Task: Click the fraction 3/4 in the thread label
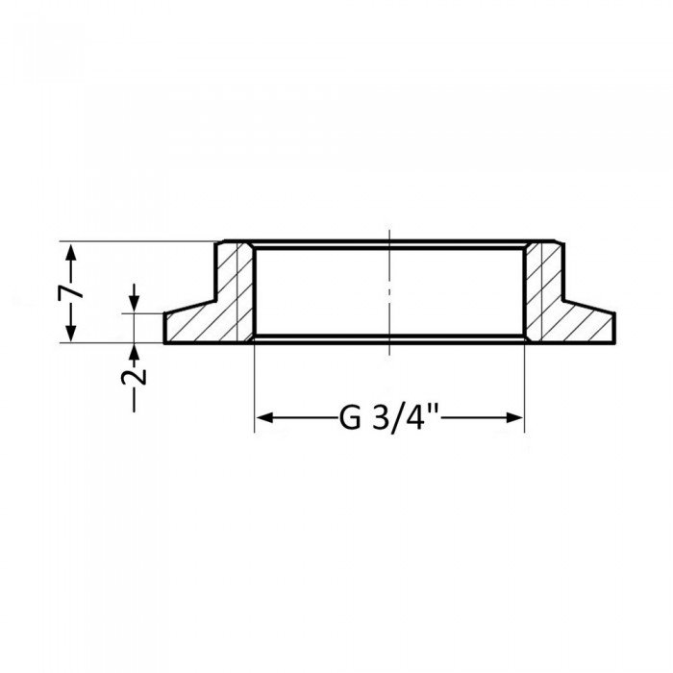coord(395,418)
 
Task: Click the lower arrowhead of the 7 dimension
coord(70,334)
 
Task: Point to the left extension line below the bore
coord(254,385)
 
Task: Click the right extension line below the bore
coord(524,385)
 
